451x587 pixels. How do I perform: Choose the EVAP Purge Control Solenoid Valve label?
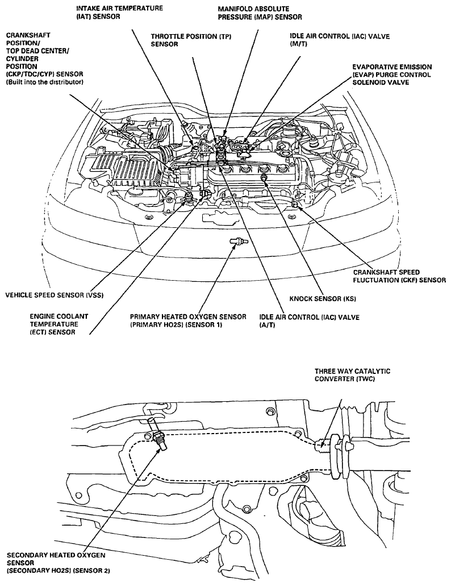tap(391, 74)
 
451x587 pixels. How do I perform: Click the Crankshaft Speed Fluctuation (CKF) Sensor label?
tap(399, 276)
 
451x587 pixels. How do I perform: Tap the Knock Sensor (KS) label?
tap(322, 298)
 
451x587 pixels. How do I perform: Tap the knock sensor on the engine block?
tap(265, 179)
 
